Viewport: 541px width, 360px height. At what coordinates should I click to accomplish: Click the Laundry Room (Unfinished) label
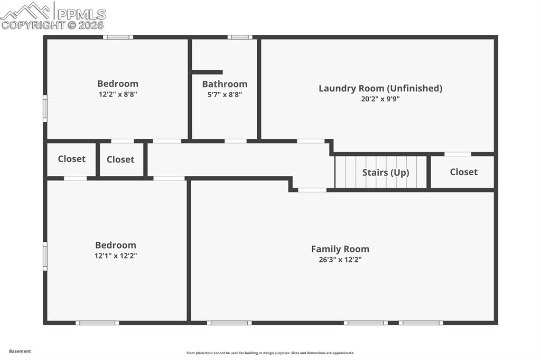pos(380,88)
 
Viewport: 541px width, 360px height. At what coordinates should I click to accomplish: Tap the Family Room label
pos(340,249)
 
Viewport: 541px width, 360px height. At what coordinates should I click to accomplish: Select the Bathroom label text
pos(225,84)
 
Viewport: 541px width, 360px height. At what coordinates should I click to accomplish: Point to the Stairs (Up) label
pos(386,173)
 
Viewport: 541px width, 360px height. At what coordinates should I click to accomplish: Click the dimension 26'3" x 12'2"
pos(340,260)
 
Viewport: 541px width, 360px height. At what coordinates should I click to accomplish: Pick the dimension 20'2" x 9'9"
pos(380,99)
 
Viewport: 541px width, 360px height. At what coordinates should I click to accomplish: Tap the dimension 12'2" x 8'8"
pos(118,94)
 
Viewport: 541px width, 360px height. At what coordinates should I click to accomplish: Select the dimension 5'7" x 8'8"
pos(225,94)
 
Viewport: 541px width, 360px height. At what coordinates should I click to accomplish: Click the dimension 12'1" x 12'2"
pos(116,255)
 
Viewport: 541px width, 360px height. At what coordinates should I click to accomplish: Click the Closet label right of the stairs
pos(463,172)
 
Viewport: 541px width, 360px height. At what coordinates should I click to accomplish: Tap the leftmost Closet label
pos(71,159)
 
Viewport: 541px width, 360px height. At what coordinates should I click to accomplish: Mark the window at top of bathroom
pos(240,37)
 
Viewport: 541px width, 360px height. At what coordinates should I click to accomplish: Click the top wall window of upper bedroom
pos(118,37)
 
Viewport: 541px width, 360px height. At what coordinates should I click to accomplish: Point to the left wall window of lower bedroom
pos(45,256)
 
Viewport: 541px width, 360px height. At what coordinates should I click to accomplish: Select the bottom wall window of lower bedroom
pos(97,323)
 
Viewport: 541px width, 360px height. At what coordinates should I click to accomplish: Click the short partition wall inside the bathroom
pos(207,72)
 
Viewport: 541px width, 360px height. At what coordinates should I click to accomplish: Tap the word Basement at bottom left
pos(20,351)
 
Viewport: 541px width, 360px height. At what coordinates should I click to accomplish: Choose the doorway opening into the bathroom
pos(236,141)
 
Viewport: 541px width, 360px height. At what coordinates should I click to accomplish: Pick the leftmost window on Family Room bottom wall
pos(229,323)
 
